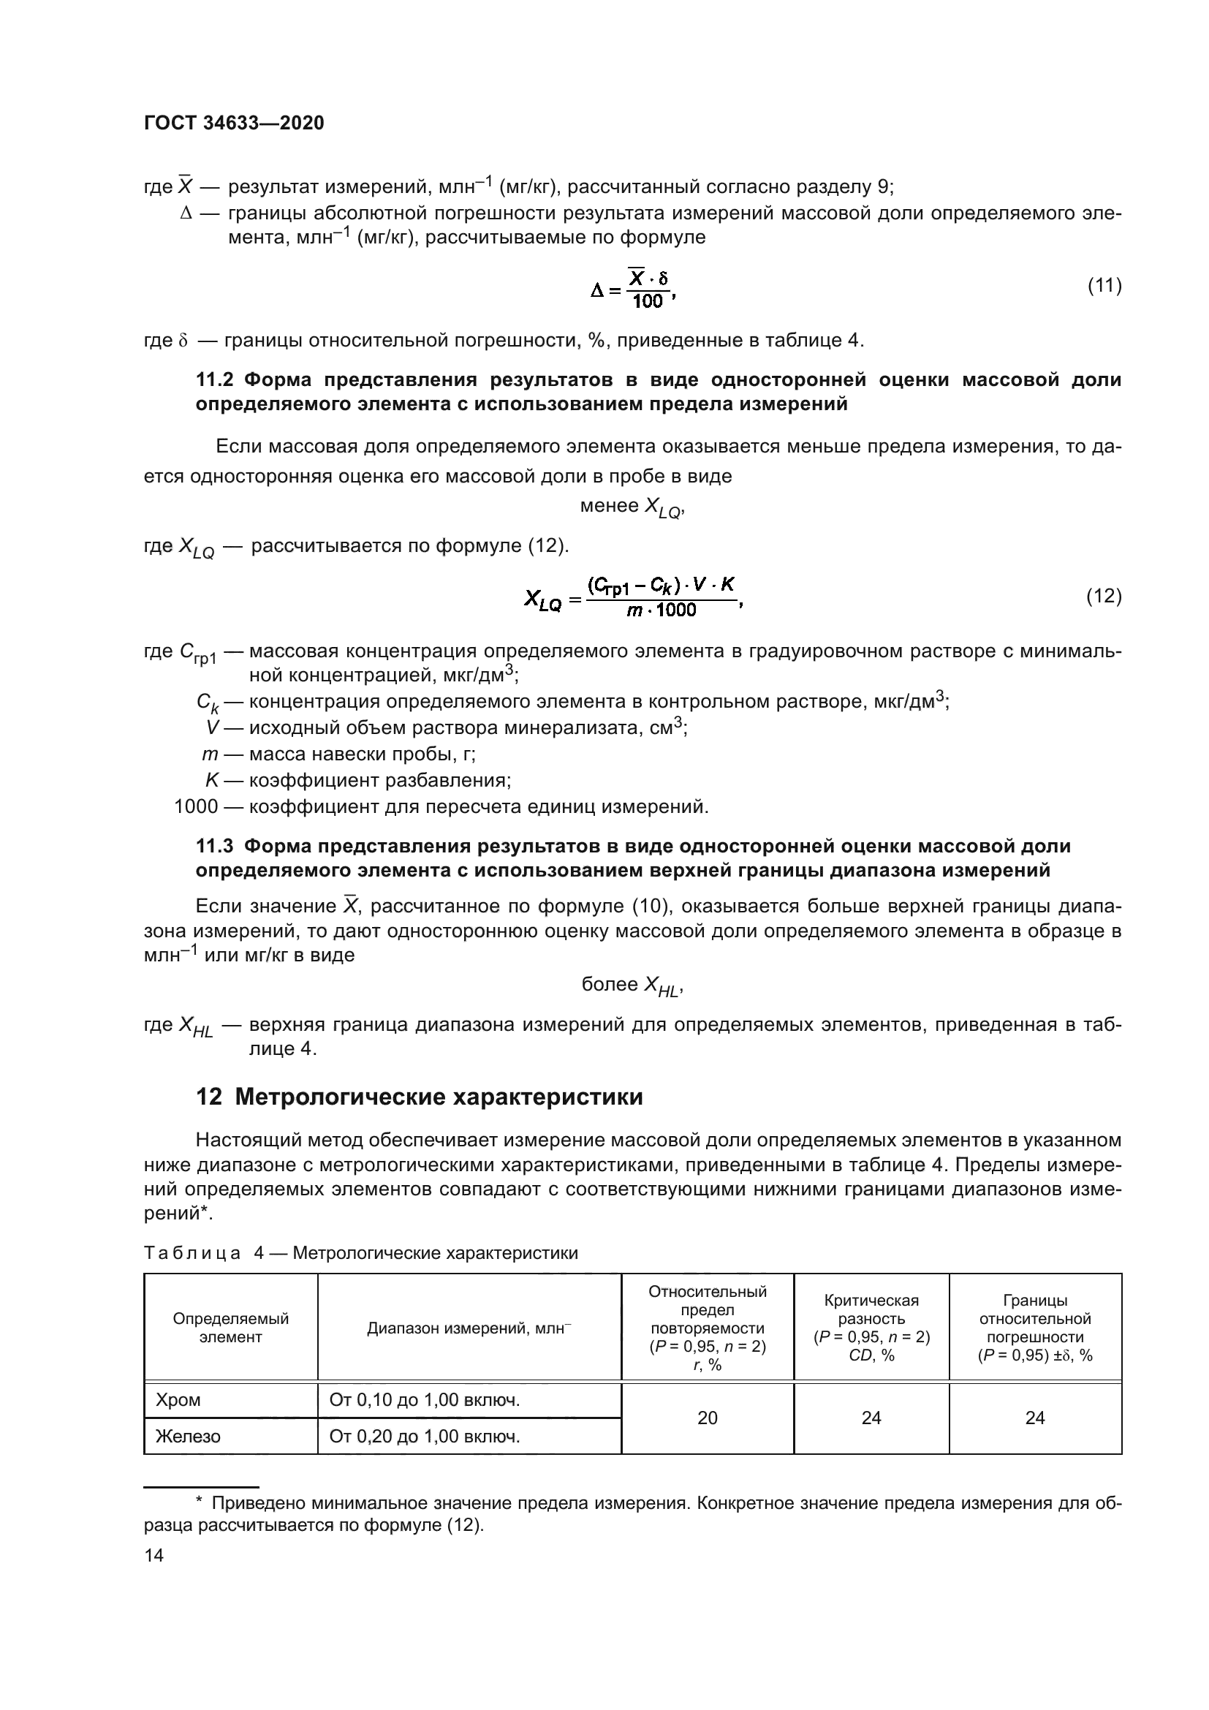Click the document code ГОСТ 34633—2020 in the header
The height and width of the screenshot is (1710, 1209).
click(x=234, y=124)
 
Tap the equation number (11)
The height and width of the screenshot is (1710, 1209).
click(x=1104, y=285)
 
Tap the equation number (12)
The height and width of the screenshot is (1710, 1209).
click(x=1104, y=596)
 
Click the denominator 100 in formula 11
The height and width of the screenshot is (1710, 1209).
click(x=647, y=301)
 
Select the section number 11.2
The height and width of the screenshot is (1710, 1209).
click(x=214, y=380)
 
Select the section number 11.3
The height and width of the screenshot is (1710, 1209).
click(x=214, y=846)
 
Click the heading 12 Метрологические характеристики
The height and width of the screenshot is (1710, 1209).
click(x=419, y=1097)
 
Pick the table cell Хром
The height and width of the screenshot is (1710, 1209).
click(x=178, y=1401)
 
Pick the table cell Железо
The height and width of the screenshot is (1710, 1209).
click(x=189, y=1436)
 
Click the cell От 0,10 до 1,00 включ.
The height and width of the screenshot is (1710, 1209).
click(x=425, y=1401)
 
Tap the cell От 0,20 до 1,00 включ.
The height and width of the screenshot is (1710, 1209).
click(x=425, y=1436)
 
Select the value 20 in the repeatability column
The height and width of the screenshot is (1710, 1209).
click(x=708, y=1418)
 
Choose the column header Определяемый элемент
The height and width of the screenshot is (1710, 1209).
click(x=231, y=1328)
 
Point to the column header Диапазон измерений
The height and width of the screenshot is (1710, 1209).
click(x=469, y=1328)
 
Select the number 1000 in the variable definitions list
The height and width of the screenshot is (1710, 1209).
click(x=196, y=806)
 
